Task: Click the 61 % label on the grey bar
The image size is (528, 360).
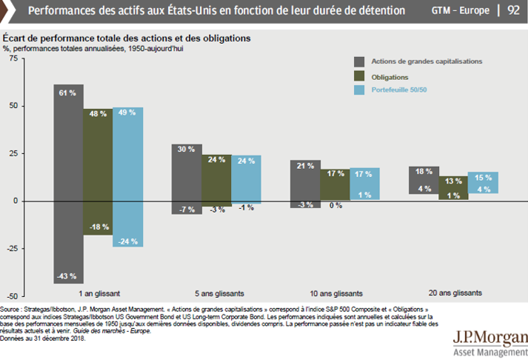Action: pos(67,93)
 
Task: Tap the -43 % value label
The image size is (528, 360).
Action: pos(67,276)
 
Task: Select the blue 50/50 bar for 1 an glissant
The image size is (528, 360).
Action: pos(127,178)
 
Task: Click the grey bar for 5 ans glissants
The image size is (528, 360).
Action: pos(186,178)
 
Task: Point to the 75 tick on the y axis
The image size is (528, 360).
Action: pos(13,59)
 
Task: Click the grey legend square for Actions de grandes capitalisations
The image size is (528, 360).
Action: pos(360,61)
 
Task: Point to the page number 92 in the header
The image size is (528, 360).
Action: pos(512,11)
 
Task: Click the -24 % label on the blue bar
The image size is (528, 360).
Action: pos(127,240)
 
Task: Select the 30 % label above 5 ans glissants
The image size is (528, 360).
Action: pos(186,149)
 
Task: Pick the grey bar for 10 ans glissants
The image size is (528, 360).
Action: pos(304,184)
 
